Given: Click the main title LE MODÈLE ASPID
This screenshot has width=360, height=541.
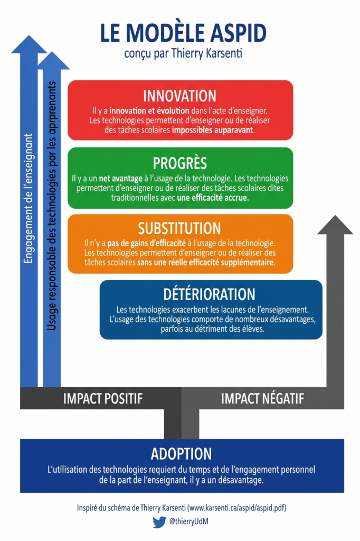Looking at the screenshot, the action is click(x=183, y=33).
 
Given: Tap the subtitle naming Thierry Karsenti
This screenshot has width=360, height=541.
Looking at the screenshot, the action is click(x=183, y=53).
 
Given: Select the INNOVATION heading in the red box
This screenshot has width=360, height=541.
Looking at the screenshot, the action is click(x=179, y=96).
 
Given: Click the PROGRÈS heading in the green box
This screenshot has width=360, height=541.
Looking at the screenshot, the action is click(x=179, y=163).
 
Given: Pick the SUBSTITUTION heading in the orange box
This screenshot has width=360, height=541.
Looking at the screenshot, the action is click(x=179, y=228).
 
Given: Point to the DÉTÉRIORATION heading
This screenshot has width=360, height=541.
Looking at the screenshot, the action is click(x=210, y=294).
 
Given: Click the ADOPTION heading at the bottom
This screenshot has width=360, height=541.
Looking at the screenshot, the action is click(x=182, y=454).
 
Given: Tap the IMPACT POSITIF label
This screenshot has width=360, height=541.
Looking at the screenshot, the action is click(x=103, y=398).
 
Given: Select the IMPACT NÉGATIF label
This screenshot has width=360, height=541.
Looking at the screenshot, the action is click(x=262, y=398).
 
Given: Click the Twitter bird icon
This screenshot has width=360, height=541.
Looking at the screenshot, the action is click(x=159, y=522).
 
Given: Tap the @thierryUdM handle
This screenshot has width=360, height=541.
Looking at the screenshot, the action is click(x=189, y=521).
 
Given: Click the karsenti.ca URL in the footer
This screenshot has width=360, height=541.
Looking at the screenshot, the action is click(x=236, y=508).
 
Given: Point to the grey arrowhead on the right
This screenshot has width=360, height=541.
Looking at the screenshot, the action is click(x=335, y=225).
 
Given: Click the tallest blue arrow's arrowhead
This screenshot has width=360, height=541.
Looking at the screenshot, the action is click(x=29, y=44).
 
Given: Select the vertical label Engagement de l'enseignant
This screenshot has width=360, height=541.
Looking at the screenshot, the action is click(x=29, y=199).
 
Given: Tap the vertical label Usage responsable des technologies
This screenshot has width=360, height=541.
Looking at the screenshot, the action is click(x=51, y=206).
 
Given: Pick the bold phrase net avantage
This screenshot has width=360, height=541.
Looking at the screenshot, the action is click(x=121, y=179).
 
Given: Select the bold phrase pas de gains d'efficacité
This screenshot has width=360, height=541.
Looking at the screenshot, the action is click(x=147, y=243).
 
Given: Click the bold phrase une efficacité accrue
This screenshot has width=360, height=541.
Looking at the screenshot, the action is click(x=213, y=198).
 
